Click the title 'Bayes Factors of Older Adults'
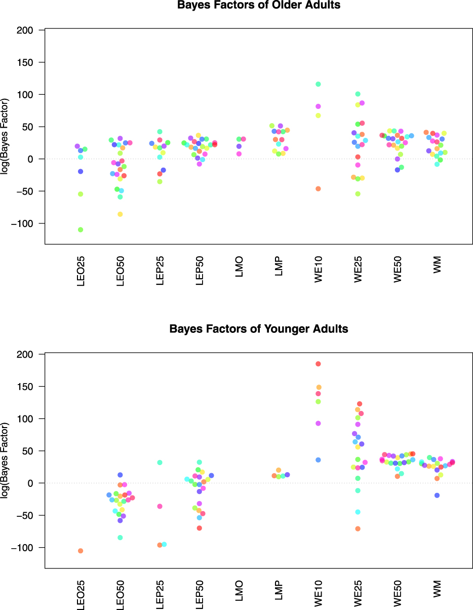(258, 6)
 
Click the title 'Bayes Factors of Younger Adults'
(258, 329)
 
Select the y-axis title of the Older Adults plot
(6, 137)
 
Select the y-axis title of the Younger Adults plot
(6, 462)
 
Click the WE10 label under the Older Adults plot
(319, 270)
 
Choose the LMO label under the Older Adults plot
(239, 266)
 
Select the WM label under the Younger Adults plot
(438, 589)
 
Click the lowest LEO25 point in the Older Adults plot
(81, 230)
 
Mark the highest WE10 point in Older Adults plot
(319, 84)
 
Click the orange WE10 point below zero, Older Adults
(319, 189)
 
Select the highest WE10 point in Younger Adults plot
(319, 364)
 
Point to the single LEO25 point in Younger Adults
(81, 551)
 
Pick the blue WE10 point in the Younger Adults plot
(319, 460)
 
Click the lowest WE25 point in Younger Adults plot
(358, 529)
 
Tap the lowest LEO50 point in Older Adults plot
(120, 214)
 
